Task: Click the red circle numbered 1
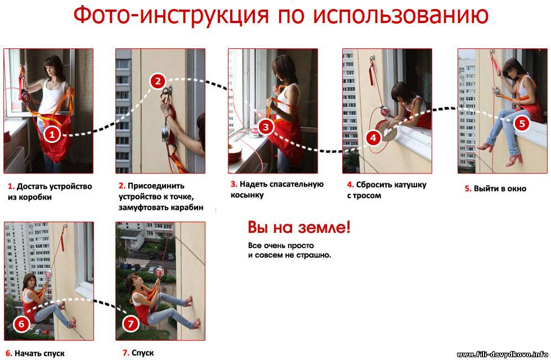(x=52, y=134)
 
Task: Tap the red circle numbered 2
(x=158, y=81)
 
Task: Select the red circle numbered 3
(x=266, y=127)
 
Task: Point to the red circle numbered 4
(x=373, y=138)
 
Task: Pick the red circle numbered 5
(x=522, y=123)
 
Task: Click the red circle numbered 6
(x=21, y=323)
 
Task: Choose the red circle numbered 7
(x=131, y=323)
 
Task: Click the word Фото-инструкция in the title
(x=171, y=15)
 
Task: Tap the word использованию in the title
(x=400, y=15)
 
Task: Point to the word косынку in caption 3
(x=247, y=195)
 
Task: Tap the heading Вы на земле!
(x=299, y=228)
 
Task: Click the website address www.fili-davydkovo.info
(x=503, y=354)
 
